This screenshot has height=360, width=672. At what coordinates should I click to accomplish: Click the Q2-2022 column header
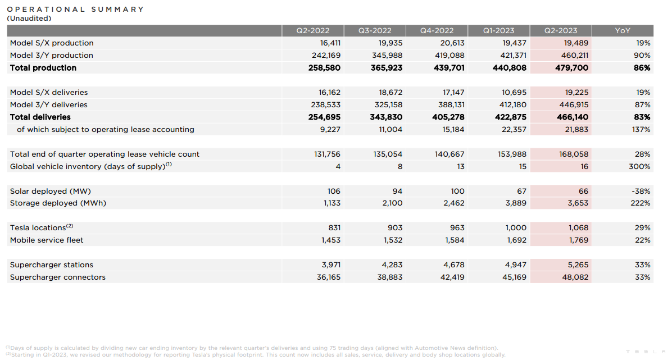[x=312, y=31]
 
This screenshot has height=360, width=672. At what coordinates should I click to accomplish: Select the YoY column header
[x=623, y=31]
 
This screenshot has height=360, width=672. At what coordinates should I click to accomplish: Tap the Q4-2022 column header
[x=437, y=31]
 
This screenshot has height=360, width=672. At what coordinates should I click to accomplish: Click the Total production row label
[x=43, y=68]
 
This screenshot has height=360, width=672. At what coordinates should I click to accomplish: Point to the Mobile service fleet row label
[x=47, y=240]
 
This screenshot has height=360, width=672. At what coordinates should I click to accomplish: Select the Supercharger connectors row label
[x=58, y=277]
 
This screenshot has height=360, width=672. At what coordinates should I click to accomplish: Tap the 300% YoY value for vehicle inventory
[x=639, y=167]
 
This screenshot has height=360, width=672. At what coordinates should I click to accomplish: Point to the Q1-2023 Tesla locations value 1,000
[x=516, y=228]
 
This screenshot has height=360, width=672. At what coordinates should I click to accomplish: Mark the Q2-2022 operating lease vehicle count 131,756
[x=327, y=154]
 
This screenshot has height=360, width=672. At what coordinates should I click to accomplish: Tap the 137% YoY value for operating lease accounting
[x=641, y=130]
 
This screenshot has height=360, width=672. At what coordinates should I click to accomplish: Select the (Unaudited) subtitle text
[x=29, y=18]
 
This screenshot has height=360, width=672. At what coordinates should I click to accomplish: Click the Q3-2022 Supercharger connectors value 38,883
[x=388, y=277]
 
